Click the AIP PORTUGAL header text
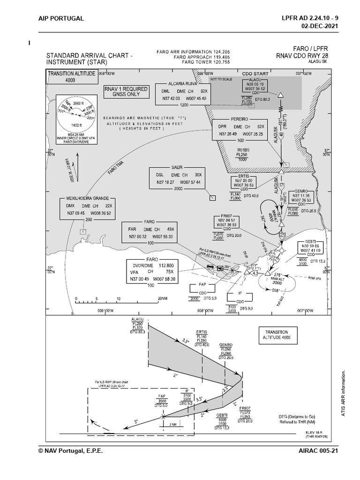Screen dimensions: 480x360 pos(61,18)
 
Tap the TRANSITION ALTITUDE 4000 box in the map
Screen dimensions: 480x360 pos(71,76)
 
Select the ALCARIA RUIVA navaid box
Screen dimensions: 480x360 pos(183,93)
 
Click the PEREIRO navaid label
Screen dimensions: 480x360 pos(239,120)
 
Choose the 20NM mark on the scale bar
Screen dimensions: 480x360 pos(163,299)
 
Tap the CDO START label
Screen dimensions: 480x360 pos(255,74)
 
